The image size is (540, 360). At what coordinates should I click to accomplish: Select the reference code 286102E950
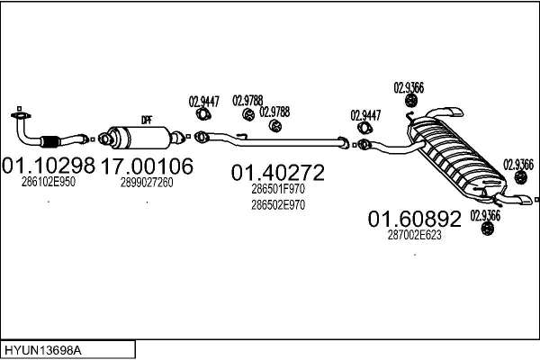click(49, 182)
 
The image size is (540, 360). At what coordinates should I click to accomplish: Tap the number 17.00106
click(147, 166)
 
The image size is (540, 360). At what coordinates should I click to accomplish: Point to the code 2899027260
click(147, 182)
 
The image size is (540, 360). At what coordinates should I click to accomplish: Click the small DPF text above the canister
click(146, 121)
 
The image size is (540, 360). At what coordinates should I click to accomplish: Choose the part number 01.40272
click(278, 171)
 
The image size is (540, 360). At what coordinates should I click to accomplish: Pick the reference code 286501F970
click(278, 189)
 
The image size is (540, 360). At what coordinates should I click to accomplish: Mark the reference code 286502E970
click(278, 204)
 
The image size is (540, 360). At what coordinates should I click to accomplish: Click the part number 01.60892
click(415, 219)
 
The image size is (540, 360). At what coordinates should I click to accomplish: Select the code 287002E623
click(415, 234)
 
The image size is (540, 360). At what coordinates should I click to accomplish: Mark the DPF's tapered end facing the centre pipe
click(176, 137)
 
